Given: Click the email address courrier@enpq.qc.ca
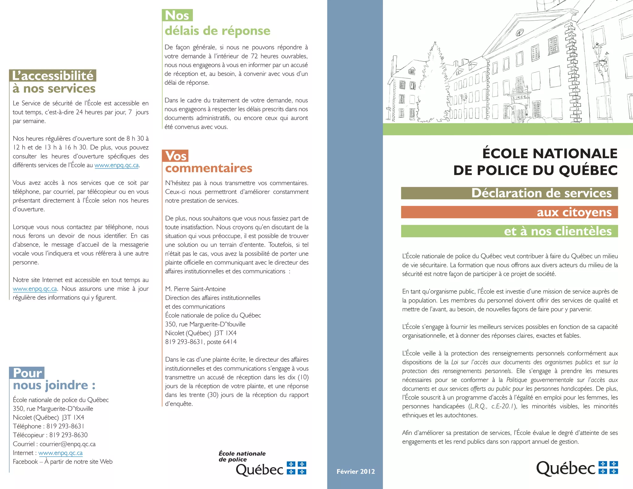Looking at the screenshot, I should coord(67,444).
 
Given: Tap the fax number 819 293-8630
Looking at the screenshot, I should coord(68,435).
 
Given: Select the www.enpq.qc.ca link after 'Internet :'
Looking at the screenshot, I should coord(60,453).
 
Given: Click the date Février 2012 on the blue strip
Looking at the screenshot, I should coord(355,472).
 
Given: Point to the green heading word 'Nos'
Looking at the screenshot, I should coord(177,15).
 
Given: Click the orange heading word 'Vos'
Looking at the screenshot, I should coord(175,156).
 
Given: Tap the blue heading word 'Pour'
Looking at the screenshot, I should coord(27,373).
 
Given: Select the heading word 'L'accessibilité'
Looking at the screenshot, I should coord(53,76).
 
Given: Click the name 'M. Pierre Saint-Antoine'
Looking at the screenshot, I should coord(195,289).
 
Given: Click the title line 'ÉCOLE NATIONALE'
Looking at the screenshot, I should coord(550,154).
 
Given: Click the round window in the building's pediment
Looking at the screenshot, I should coord(520,32).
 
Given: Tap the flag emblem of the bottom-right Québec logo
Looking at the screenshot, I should coord(608,468).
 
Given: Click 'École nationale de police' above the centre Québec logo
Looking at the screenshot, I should coord(242,457).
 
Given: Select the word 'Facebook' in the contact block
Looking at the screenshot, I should coord(25,462).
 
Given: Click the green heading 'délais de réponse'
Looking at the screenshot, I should coord(217,31).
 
